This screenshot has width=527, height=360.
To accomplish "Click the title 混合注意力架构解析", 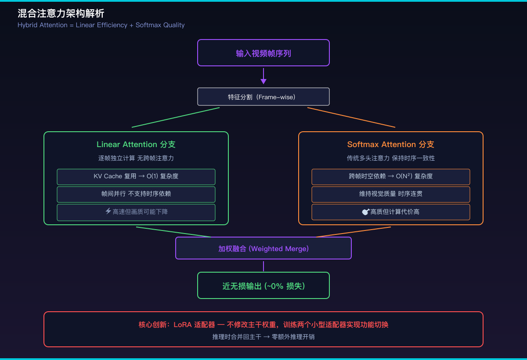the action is point(61,14).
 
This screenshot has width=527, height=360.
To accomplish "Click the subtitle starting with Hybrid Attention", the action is point(101,25).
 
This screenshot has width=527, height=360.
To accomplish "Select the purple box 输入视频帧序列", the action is point(263,53).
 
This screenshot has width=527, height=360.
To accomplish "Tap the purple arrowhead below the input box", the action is point(263,81).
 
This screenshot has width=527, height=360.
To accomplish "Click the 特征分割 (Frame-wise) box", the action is point(263,97).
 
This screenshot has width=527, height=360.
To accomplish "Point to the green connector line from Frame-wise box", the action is point(176,117).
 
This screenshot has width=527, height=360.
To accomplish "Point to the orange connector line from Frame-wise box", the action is point(351,117).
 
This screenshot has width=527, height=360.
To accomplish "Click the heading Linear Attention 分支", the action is point(136,144).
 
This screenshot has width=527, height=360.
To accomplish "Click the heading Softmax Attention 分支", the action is point(390,144).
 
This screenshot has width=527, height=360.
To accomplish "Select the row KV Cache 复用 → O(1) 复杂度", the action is point(136,176).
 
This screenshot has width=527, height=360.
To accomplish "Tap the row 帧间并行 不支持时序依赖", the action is point(136,194).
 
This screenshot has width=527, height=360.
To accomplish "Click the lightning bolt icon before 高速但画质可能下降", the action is point(108,211).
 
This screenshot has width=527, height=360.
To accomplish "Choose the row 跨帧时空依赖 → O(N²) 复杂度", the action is point(390,176).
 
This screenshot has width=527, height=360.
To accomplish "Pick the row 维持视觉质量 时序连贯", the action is point(390,194).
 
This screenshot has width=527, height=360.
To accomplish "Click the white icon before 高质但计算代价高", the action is point(365,212).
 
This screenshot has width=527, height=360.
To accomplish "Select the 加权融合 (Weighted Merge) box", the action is point(263,248).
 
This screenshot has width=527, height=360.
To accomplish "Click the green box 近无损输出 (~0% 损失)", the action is point(263,285).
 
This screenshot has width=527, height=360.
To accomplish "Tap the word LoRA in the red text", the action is point(183,325).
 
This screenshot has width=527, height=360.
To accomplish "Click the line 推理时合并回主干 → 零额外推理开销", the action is point(263,337).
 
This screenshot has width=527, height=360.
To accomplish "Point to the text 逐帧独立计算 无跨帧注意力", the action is point(136,158).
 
